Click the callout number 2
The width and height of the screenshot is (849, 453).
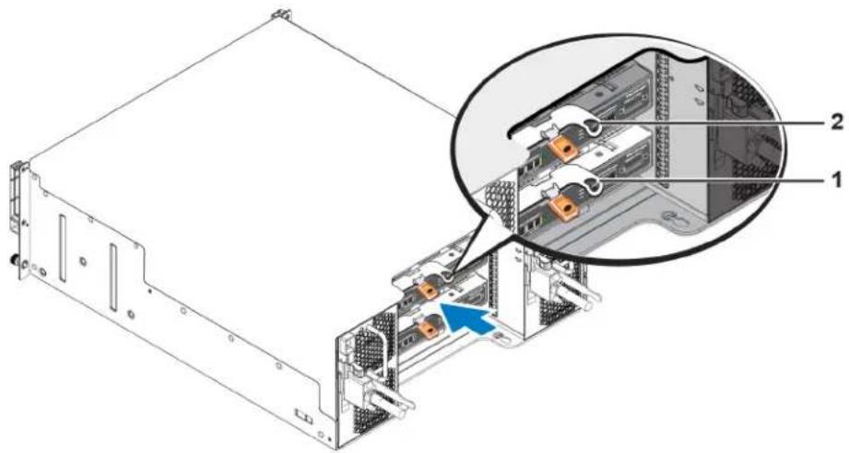click(836, 122)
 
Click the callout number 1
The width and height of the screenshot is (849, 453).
click(837, 180)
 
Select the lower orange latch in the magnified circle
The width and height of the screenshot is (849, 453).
click(562, 206)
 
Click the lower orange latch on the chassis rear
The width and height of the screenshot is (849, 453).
click(426, 328)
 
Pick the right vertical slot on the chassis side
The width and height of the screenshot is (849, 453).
click(113, 277)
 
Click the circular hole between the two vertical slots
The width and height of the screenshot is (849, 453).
click(82, 261)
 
